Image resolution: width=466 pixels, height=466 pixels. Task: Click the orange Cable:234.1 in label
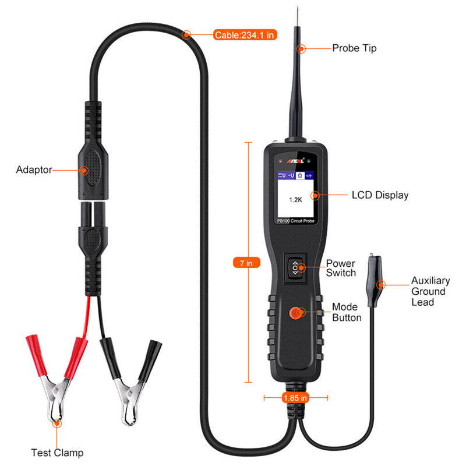tap(244, 35)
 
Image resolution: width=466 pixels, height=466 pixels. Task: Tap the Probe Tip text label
tap(354, 48)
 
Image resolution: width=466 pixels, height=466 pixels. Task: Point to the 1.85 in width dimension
tap(295, 398)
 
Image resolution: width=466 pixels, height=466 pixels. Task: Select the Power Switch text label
tap(341, 269)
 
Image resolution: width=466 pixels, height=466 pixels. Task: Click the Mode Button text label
tap(347, 312)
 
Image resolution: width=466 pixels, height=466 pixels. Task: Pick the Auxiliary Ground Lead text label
tap(428, 291)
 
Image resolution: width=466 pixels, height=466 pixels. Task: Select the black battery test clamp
tap(129, 373)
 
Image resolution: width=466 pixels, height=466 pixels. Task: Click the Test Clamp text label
tap(57, 453)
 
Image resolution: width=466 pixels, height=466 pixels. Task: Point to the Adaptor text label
tap(34, 170)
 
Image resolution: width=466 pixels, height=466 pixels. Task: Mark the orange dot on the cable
tap(186, 35)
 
